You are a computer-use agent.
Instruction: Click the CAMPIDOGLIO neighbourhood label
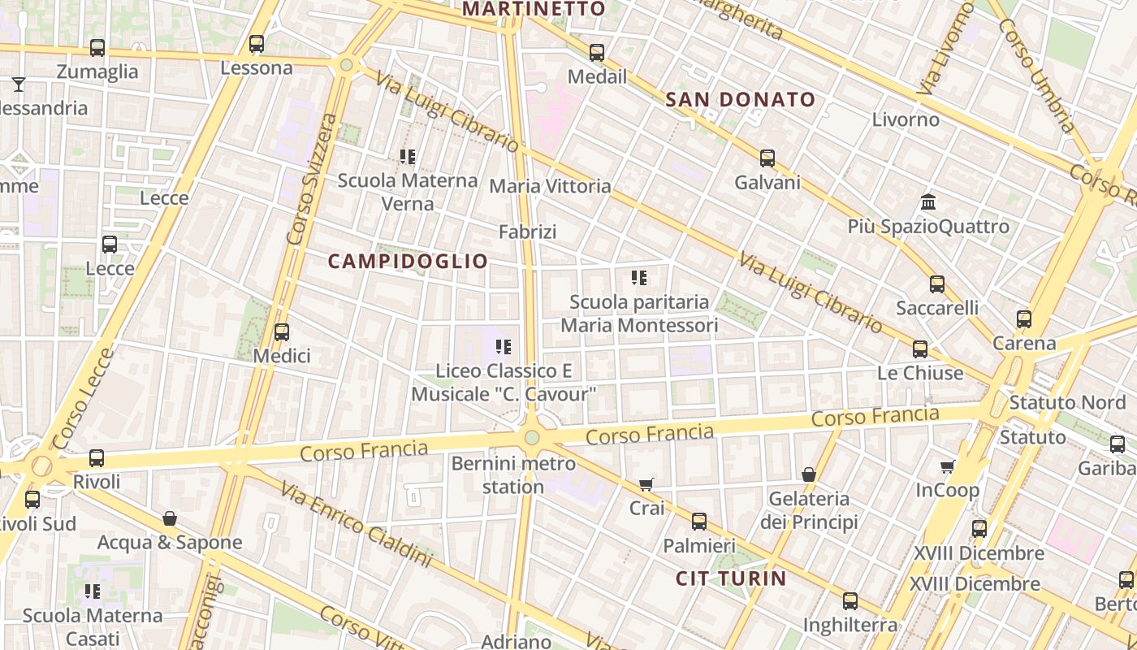click(408, 261)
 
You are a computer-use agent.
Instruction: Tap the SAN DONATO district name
click(740, 100)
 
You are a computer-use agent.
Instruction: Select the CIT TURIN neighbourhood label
click(731, 578)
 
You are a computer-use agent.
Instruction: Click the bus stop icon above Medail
click(597, 53)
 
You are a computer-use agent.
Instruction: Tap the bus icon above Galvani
click(767, 158)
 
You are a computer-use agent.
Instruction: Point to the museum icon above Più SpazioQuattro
click(928, 201)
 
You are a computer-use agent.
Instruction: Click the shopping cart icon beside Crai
click(646, 485)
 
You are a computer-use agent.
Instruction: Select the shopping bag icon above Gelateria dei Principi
click(809, 474)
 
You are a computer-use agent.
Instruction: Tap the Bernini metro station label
click(513, 475)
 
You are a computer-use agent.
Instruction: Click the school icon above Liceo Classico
click(504, 348)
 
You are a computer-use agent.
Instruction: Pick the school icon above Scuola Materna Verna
click(408, 156)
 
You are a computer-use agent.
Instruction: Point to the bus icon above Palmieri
click(699, 522)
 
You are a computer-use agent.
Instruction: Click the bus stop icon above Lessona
click(257, 44)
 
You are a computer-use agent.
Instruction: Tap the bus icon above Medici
click(282, 332)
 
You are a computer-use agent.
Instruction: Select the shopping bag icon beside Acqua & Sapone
click(170, 518)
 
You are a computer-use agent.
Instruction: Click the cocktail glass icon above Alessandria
click(19, 84)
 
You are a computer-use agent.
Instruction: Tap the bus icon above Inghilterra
click(850, 601)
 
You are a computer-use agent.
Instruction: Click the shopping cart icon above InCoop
click(947, 467)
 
